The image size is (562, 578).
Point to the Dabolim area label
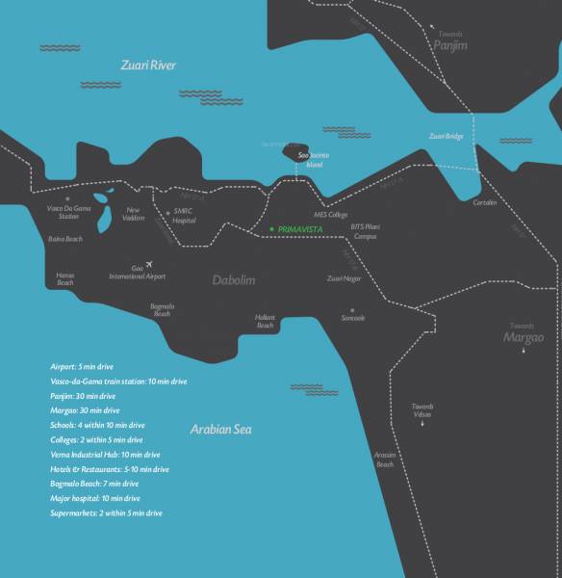(x=237, y=280)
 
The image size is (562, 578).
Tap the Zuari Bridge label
(x=447, y=137)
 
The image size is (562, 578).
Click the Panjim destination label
(x=448, y=43)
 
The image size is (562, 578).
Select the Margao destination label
(x=524, y=337)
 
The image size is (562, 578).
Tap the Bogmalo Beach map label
(x=162, y=310)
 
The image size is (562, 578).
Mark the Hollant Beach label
(x=266, y=322)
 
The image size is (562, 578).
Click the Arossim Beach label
(x=385, y=460)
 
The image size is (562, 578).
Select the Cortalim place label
(x=485, y=203)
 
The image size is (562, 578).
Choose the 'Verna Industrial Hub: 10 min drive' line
(x=105, y=454)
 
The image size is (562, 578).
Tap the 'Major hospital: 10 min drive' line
(x=95, y=498)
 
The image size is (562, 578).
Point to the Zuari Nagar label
(x=345, y=278)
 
